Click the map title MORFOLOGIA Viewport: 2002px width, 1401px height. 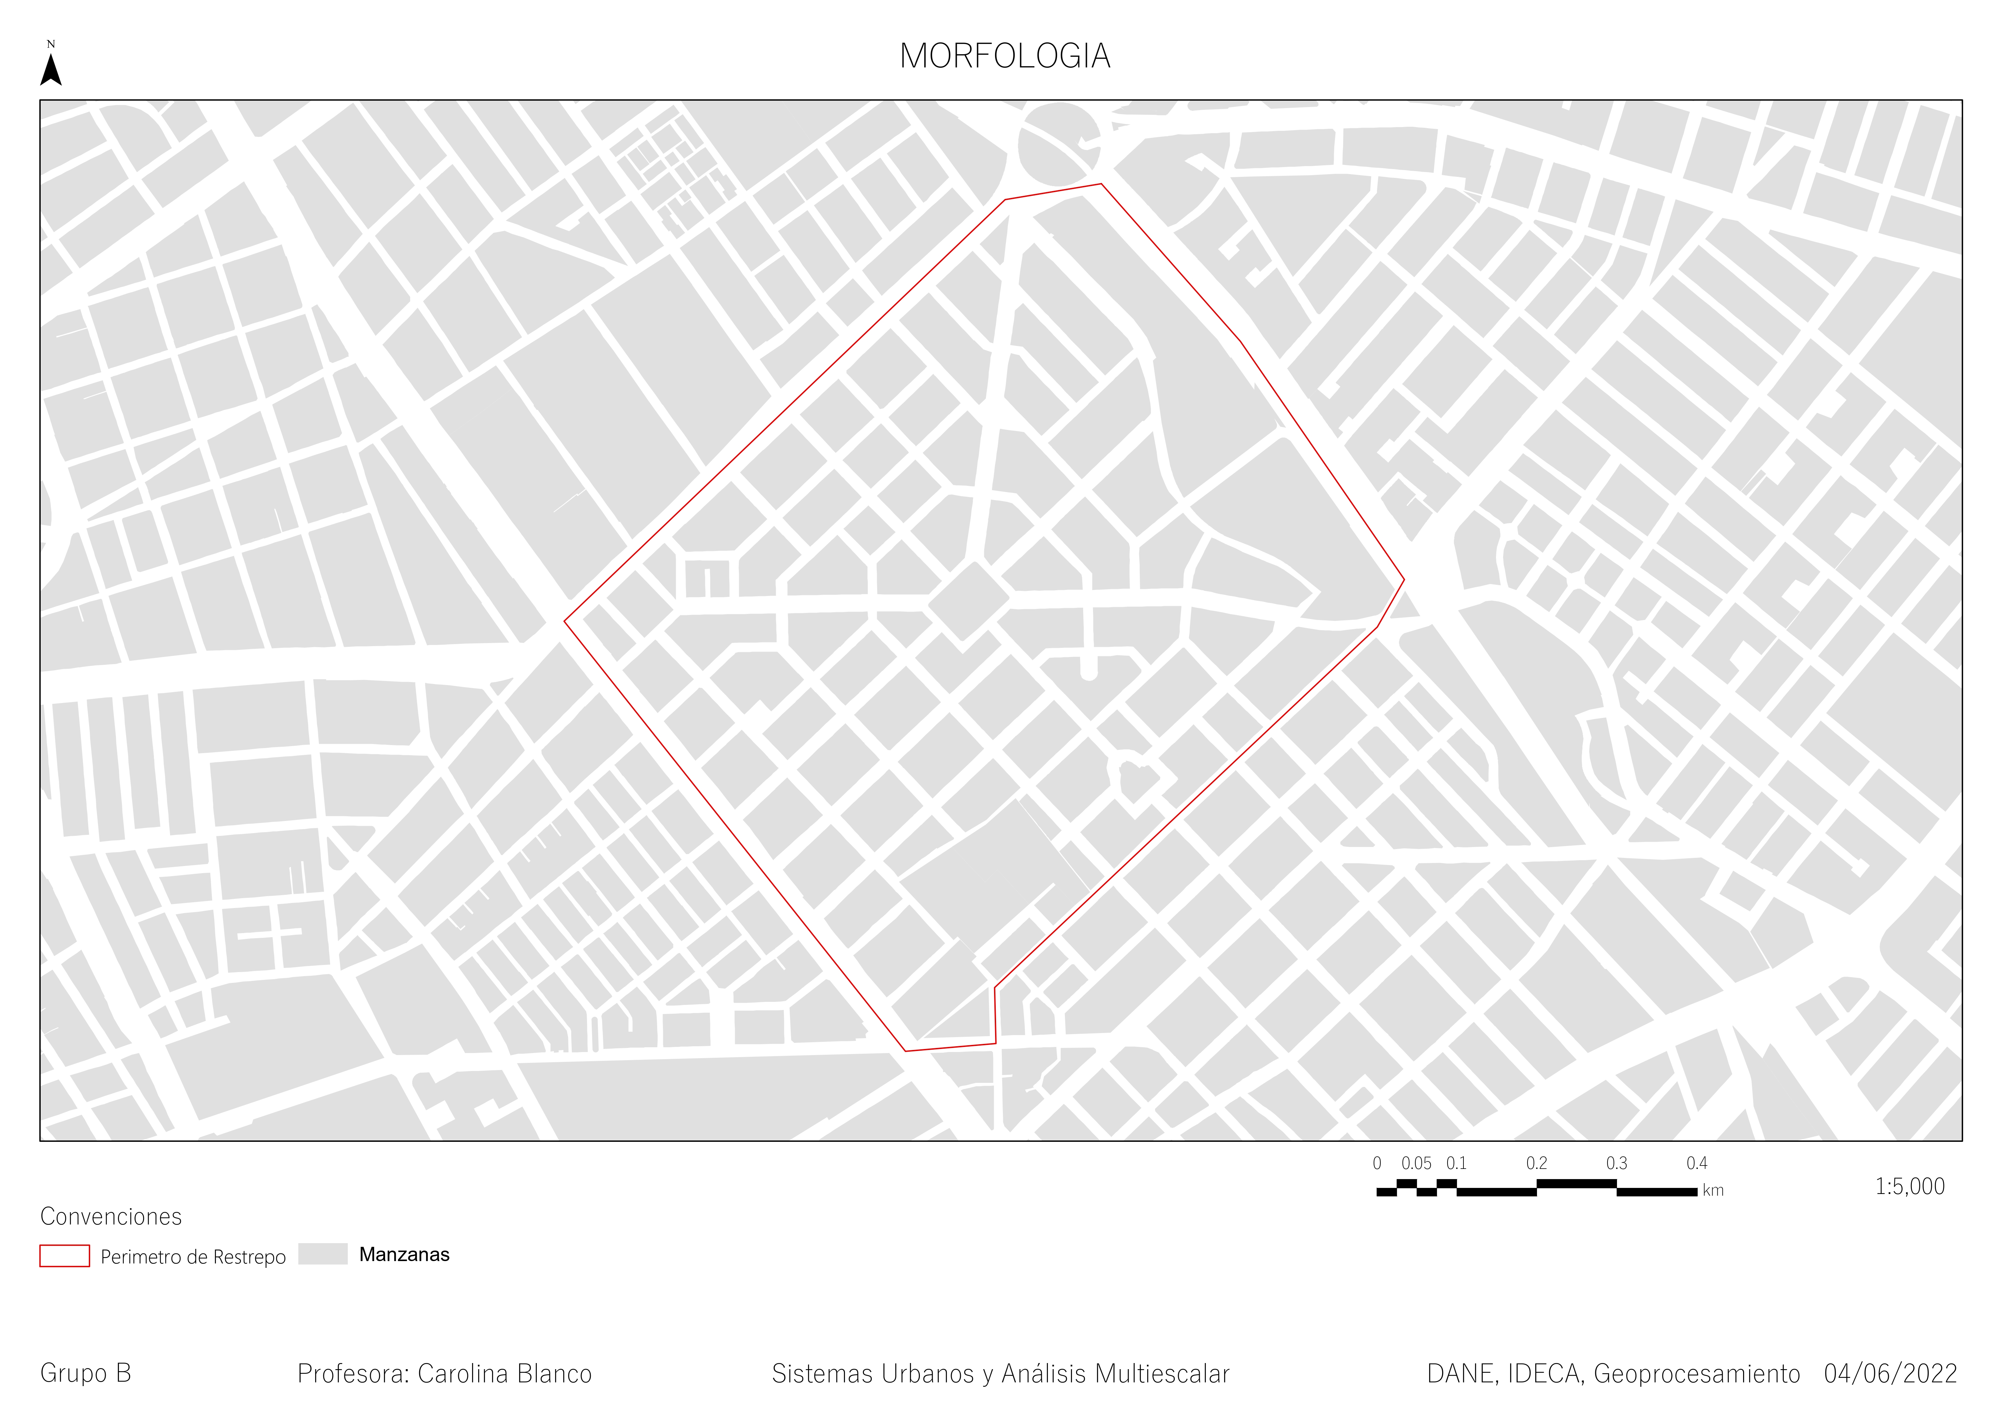[1005, 57]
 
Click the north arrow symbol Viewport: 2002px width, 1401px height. [52, 69]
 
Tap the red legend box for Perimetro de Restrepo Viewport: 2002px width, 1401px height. [64, 1255]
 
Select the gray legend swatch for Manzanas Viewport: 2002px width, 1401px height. [323, 1254]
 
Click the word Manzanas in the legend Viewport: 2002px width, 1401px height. [405, 1255]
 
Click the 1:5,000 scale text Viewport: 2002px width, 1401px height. [1909, 1187]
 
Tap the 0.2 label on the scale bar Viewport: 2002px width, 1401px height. [1536, 1163]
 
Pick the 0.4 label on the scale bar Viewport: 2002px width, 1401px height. [1697, 1163]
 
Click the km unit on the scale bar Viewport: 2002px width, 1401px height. [1713, 1191]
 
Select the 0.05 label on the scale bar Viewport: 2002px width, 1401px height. [1416, 1163]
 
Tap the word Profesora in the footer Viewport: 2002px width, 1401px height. [353, 1374]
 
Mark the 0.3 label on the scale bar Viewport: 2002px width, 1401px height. [1617, 1163]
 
